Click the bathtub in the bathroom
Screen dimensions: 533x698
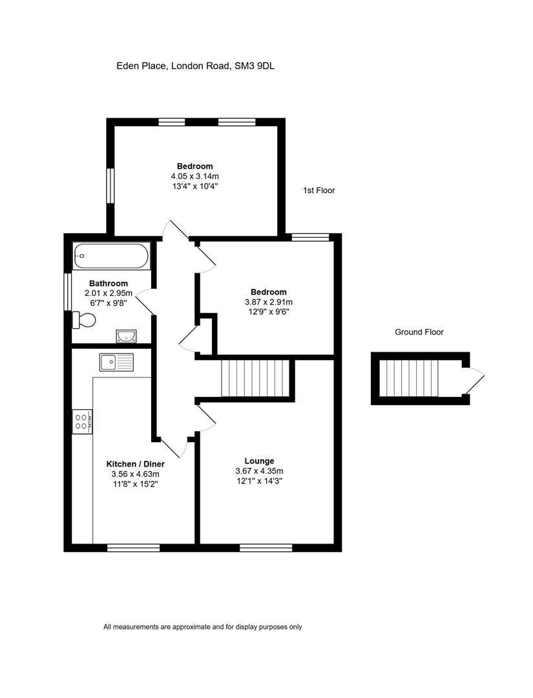coord(112,255)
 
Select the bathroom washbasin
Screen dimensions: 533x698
coord(127,336)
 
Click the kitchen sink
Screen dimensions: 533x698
coord(116,362)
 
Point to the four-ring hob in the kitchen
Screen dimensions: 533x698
coord(82,421)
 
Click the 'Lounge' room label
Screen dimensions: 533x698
coord(259,461)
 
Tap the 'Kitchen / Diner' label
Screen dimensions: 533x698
coord(135,464)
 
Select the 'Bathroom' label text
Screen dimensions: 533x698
coord(109,284)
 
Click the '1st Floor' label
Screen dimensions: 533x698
coord(319,191)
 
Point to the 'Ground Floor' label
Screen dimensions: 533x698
coord(419,332)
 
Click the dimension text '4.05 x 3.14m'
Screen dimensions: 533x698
coord(195,176)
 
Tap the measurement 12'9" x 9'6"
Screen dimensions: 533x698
coord(269,312)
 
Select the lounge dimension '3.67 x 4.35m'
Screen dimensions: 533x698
coord(259,471)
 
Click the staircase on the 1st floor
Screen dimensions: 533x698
coord(255,378)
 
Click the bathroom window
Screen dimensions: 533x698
coord(68,292)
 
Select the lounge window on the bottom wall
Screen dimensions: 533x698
coord(266,547)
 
